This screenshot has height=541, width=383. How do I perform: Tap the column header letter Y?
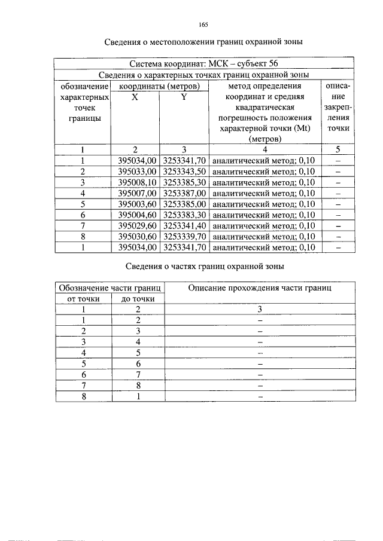point(184,97)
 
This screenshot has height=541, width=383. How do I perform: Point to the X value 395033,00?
point(137,171)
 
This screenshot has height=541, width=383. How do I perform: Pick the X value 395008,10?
point(137,182)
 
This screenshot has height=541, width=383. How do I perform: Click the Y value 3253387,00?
point(184,192)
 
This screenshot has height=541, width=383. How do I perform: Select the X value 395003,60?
point(137,204)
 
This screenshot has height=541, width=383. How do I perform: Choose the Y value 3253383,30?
point(184,215)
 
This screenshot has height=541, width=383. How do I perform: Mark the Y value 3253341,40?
point(184,225)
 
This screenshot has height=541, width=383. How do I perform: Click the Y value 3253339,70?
point(184,236)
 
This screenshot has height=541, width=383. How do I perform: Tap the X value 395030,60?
point(137,236)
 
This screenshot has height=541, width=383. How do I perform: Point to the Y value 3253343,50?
point(184,171)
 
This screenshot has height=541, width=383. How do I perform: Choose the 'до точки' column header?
point(138,298)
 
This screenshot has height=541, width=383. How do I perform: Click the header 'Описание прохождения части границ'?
point(259,288)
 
